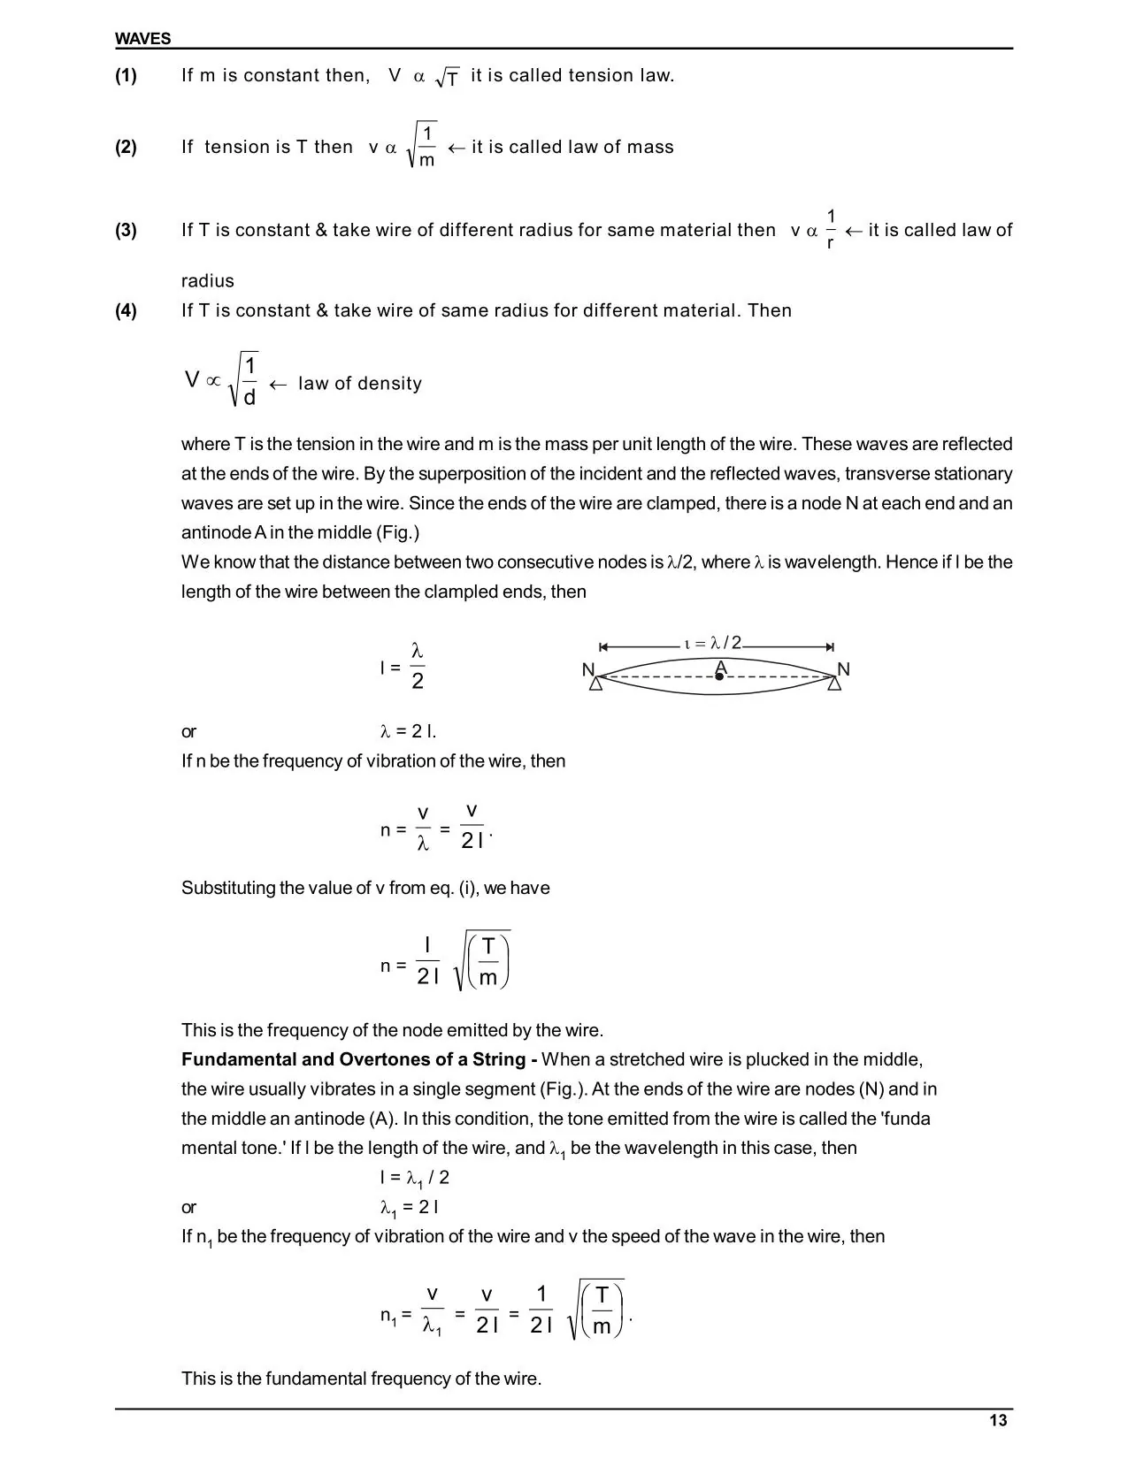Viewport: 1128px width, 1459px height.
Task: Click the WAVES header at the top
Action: [x=142, y=39]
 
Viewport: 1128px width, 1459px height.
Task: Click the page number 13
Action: [x=998, y=1420]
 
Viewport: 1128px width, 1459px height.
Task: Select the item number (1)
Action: [x=126, y=76]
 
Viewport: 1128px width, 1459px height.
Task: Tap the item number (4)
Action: [x=126, y=310]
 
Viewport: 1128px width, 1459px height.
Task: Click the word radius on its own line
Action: [x=208, y=281]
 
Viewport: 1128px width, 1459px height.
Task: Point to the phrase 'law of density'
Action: [x=360, y=384]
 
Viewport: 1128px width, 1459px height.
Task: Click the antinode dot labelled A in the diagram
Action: [x=719, y=676]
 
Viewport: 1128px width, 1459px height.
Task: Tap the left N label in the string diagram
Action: [x=588, y=670]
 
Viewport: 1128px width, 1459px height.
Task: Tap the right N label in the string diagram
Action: [x=843, y=670]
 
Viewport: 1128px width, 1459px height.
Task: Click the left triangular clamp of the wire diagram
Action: [x=596, y=684]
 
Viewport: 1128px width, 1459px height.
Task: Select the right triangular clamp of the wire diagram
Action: [x=834, y=684]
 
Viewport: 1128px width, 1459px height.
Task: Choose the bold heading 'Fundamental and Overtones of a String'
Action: [x=358, y=1059]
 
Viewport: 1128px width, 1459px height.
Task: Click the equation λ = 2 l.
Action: [x=408, y=731]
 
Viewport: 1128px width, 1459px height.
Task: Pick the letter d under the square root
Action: [x=249, y=398]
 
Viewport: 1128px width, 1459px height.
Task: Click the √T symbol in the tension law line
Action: [x=448, y=78]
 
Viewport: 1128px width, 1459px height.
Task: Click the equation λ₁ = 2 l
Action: [x=409, y=1208]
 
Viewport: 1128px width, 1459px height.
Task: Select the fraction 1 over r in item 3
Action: [x=831, y=229]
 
